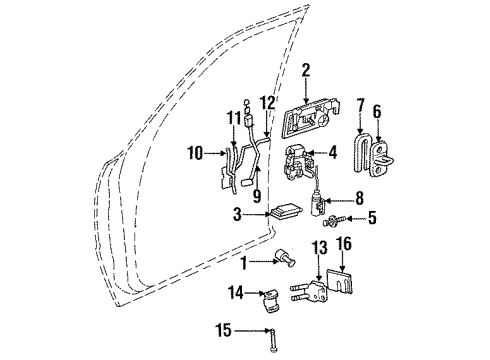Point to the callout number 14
click(x=236, y=293)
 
